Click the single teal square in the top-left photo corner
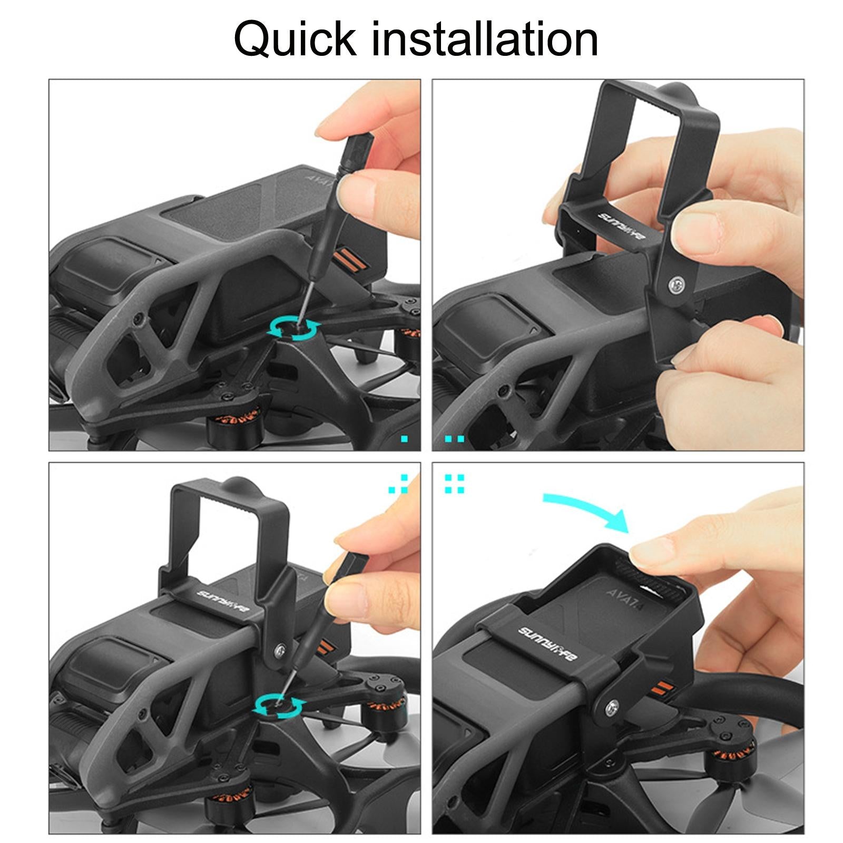pos(405,438)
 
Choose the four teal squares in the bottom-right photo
pos(455,484)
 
